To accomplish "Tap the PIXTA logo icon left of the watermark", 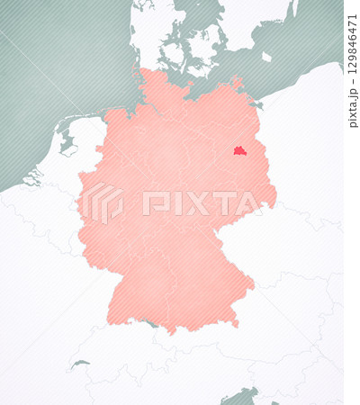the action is click(x=102, y=202).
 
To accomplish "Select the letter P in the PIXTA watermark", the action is click(x=152, y=203).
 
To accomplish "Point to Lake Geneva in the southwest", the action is click(x=81, y=364).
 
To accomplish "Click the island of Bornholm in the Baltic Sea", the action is click(x=266, y=57).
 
